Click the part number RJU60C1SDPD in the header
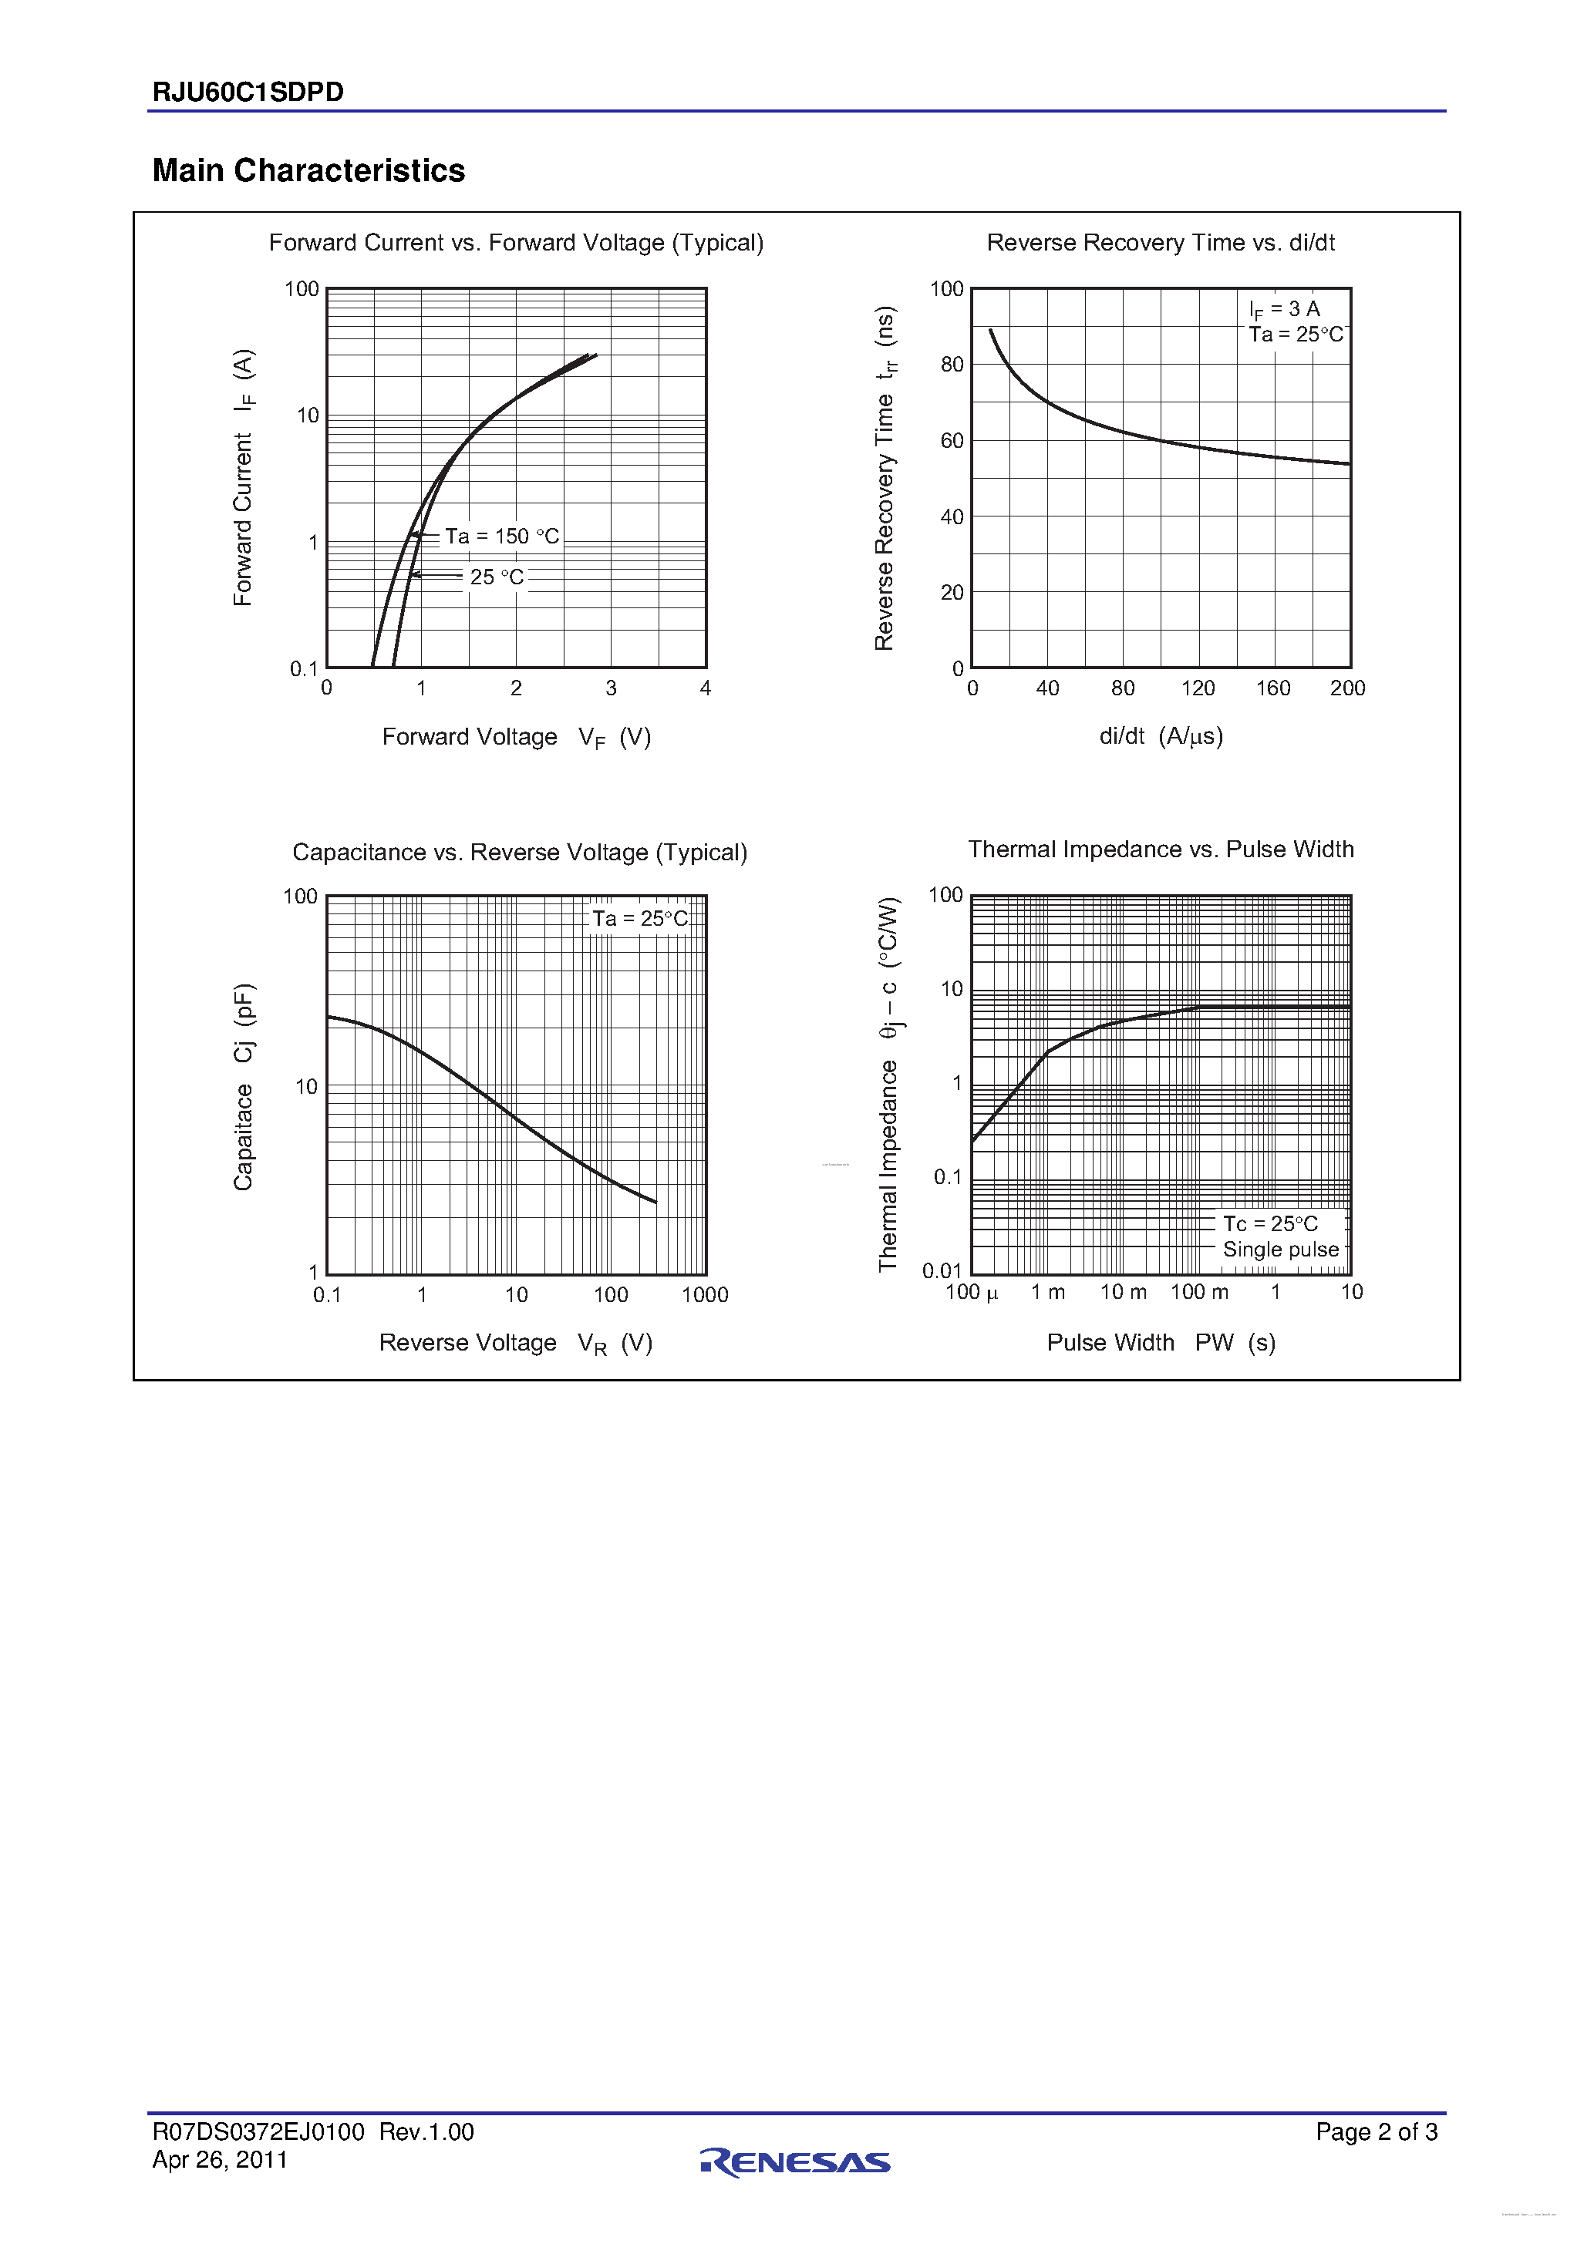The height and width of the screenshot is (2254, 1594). click(x=248, y=93)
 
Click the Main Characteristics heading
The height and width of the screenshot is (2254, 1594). click(x=308, y=171)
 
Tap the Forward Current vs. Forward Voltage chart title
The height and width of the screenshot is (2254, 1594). click(x=516, y=243)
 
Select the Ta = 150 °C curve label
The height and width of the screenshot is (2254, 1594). click(x=501, y=536)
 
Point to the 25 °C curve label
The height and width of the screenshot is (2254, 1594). click(x=496, y=577)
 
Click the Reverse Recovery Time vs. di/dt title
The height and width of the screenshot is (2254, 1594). click(x=1160, y=243)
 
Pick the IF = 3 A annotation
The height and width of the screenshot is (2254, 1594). click(x=1284, y=309)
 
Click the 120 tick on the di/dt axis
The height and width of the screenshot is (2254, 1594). click(x=1197, y=688)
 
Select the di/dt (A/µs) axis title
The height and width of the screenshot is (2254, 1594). click(x=1160, y=736)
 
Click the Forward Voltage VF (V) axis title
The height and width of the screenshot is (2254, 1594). click(x=516, y=737)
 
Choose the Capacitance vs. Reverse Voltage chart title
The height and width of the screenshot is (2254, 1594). click(x=520, y=852)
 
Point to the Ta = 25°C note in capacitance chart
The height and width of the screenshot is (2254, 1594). click(x=639, y=919)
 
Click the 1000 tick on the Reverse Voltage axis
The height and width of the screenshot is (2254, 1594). click(x=704, y=1295)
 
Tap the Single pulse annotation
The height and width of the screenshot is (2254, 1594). click(x=1279, y=1250)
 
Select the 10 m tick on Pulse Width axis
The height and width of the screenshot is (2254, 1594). click(x=1123, y=1292)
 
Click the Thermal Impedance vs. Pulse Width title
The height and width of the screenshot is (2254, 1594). click(x=1160, y=849)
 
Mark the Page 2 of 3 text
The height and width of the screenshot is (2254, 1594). click(x=1376, y=2131)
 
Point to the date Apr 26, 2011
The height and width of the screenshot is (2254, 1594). click(x=220, y=2160)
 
